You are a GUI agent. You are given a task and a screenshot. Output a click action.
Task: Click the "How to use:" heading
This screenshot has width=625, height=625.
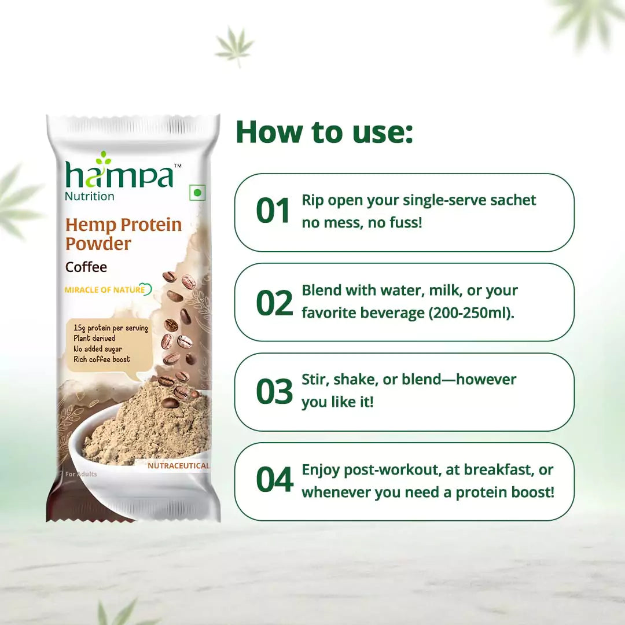(324, 132)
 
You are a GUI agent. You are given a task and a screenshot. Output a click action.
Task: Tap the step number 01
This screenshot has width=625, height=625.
(273, 211)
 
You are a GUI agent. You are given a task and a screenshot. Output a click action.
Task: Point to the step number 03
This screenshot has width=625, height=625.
(274, 392)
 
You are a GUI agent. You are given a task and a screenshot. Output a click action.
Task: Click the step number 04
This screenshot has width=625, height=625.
(274, 481)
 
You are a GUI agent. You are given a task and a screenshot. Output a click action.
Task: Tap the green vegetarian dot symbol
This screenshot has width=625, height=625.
(197, 193)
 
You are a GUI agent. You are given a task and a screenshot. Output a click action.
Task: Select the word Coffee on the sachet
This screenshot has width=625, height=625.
(86, 267)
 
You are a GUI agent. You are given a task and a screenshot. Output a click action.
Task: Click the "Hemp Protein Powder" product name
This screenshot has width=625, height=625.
(123, 234)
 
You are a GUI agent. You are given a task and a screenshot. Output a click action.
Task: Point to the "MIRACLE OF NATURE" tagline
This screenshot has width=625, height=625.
(105, 290)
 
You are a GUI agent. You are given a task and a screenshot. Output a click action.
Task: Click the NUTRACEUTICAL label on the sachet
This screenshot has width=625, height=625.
(178, 465)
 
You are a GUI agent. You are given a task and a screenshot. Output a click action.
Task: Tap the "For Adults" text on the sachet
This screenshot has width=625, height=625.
(81, 474)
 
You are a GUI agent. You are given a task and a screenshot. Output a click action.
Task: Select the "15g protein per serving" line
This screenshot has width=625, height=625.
(111, 328)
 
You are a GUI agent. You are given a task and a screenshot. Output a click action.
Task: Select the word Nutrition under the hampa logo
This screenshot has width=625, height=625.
(90, 196)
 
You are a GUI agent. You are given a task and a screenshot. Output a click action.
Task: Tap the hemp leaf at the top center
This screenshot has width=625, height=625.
(234, 45)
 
